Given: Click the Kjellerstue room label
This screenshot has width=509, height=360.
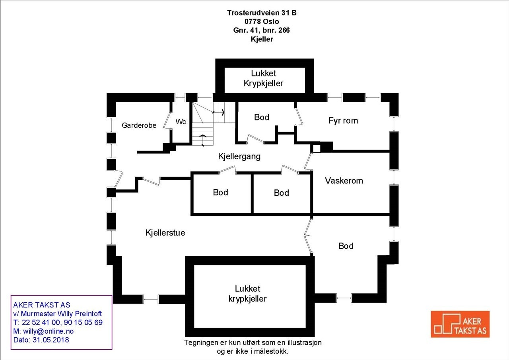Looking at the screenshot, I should tap(165, 233).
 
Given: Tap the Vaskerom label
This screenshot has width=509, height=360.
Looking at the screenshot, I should tap(344, 181).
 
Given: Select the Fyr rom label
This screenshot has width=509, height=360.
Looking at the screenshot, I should tap(343, 121).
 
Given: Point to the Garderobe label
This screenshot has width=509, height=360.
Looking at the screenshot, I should tap(139, 125).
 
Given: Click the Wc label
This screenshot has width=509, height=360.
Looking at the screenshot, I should tap(181, 122).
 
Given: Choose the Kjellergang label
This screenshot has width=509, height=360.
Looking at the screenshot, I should tap(239, 156).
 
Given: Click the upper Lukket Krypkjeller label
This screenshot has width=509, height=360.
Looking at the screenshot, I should tap(263, 78).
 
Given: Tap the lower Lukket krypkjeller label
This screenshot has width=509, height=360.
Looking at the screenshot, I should tap(247, 294).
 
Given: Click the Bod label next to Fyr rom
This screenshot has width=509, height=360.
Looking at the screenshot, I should tap(261, 117).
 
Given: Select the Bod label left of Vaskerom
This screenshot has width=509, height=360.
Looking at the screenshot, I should tap(281, 193).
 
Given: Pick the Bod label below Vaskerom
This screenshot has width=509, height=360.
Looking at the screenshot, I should tap(346, 246).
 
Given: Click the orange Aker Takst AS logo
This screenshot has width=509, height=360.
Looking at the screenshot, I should tap(460, 324).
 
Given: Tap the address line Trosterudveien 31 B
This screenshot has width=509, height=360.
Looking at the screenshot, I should tap(262, 13).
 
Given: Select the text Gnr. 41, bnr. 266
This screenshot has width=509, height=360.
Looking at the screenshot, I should tap(261, 30).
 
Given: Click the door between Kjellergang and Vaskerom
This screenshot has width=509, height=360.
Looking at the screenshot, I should tap(308, 161).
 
